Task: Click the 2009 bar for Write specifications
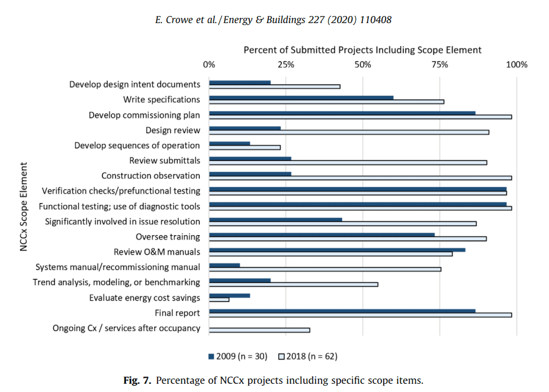pos(301,98)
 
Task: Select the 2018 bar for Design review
pos(349,132)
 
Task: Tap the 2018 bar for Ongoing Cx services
pos(259,330)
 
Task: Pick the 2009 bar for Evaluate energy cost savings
pos(229,295)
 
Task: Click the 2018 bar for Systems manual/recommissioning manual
pos(325,269)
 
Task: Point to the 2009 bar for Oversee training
pos(322,235)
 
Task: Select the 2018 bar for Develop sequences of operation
pos(245,147)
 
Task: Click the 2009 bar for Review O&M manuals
pos(337,250)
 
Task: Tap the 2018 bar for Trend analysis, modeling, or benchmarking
pos(293,285)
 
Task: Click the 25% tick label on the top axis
pos(286,65)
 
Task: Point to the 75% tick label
pos(440,65)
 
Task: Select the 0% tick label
pos(209,65)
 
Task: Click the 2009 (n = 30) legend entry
pos(237,356)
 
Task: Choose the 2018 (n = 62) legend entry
pos(308,356)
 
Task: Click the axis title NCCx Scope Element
pos(24,207)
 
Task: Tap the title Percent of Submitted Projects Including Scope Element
pos(362,50)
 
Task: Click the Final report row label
pos(178,313)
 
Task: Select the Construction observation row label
pos(151,176)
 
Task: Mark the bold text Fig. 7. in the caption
pos(137,380)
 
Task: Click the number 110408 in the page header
pos(375,20)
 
